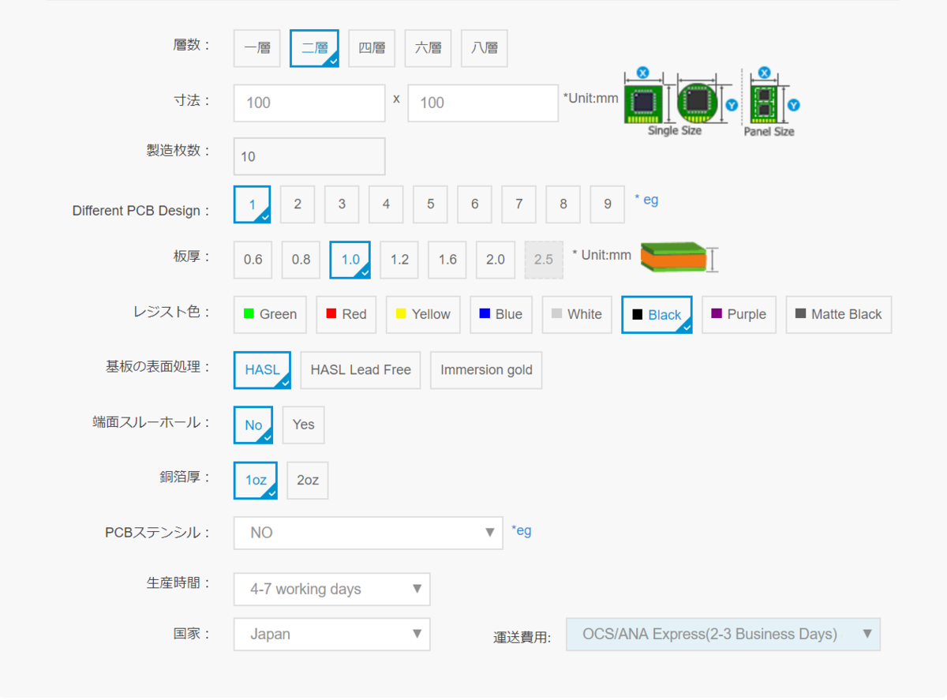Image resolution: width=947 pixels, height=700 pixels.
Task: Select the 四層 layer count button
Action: (x=372, y=48)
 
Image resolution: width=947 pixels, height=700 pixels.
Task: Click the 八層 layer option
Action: (x=485, y=48)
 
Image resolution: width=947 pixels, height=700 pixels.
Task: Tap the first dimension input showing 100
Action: (x=309, y=103)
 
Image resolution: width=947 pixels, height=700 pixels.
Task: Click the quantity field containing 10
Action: (x=309, y=156)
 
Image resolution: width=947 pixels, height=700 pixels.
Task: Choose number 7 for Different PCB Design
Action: (x=518, y=204)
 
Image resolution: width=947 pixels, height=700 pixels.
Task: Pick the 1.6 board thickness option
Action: (x=447, y=260)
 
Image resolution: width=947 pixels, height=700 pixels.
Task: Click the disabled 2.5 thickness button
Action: (x=544, y=260)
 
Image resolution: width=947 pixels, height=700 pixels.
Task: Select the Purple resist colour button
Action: (x=739, y=315)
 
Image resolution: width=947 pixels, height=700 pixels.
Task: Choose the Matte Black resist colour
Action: (x=839, y=315)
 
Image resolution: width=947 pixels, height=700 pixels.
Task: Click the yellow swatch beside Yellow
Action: (x=401, y=313)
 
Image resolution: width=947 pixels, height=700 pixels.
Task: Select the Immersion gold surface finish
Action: (x=486, y=370)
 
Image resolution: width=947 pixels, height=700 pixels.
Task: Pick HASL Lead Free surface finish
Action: (x=361, y=370)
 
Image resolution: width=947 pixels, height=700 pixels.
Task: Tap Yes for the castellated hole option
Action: (x=303, y=425)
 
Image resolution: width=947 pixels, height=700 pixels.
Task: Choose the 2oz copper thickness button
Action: (x=308, y=481)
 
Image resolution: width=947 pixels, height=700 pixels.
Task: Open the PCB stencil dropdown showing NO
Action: (x=368, y=533)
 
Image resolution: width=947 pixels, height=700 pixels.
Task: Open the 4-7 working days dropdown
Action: (x=331, y=590)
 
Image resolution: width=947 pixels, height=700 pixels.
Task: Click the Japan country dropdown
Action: (x=331, y=634)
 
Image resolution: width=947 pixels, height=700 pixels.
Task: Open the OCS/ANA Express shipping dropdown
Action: (x=724, y=634)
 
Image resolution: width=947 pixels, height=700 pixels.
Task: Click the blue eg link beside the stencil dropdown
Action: (x=522, y=531)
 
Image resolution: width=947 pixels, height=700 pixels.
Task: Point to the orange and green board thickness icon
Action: (x=674, y=257)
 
